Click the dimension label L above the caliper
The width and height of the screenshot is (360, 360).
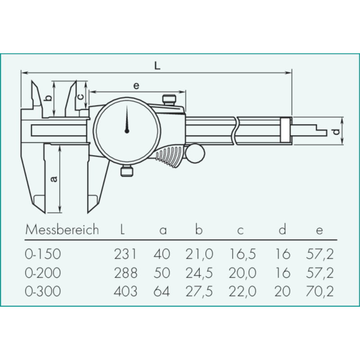point(157,66)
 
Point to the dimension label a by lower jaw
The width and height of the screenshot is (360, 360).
point(54,179)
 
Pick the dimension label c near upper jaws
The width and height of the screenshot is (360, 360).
point(80,96)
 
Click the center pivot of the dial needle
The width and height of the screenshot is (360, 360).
point(127,131)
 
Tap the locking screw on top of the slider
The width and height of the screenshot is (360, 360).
point(168,99)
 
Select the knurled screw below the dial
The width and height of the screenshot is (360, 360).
point(126,171)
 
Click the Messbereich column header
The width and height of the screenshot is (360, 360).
point(62,230)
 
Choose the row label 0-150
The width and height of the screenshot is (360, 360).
point(43,254)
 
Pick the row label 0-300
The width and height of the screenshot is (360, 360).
point(43,292)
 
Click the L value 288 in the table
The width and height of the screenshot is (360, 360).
point(126,273)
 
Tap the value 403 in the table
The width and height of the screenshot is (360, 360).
point(126,292)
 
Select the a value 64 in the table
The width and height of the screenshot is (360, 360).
point(162,292)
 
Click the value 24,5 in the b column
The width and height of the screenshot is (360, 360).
point(199,273)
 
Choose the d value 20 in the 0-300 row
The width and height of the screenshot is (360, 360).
point(282,292)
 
